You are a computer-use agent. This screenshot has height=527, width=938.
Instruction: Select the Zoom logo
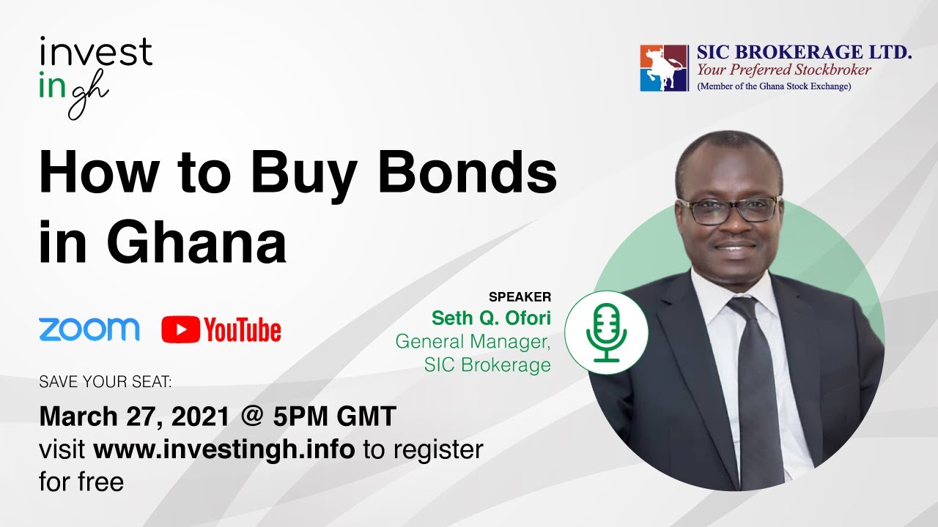[89, 329]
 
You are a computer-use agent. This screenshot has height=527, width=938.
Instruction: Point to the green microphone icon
[606, 332]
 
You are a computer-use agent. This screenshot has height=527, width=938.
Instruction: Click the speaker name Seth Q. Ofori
[491, 318]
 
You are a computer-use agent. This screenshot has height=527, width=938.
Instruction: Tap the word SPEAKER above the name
[520, 297]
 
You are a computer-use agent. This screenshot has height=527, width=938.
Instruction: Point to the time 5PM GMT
[335, 416]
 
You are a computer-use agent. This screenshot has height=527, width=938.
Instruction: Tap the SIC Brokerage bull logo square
[664, 68]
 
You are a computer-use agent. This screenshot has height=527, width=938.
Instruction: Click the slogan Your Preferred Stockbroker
[783, 70]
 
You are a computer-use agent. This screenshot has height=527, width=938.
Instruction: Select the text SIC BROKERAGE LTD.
[804, 53]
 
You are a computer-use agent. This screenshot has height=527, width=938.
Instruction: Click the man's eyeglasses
[727, 209]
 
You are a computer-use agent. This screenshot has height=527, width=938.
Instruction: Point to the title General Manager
[473, 341]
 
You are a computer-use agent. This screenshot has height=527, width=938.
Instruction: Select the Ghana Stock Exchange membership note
[773, 86]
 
